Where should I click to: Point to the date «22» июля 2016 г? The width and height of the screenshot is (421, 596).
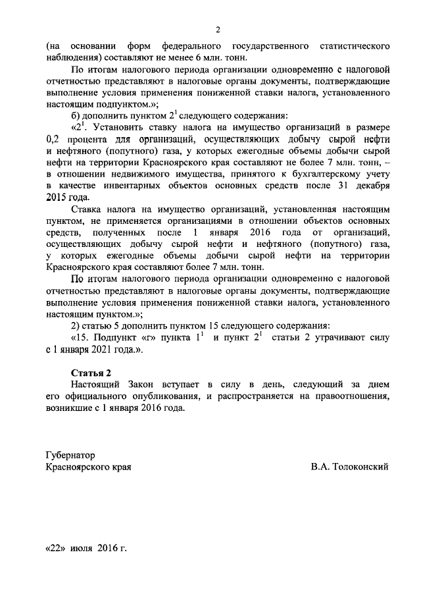click(86, 548)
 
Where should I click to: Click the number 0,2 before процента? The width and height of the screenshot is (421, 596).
click(53, 138)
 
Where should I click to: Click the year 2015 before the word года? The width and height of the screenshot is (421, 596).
click(57, 197)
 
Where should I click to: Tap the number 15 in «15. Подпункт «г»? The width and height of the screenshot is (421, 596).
click(82, 337)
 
